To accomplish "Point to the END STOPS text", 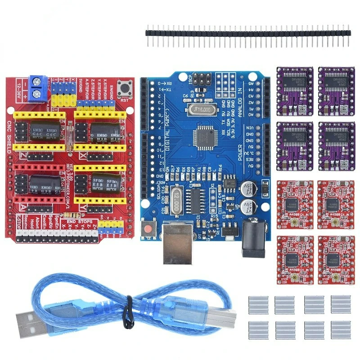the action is (x=80, y=222).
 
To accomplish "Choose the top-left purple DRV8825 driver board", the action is (x=295, y=90).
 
